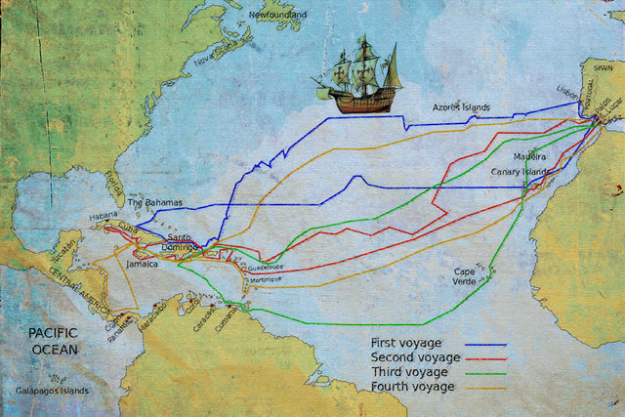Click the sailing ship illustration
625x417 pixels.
tap(361, 75)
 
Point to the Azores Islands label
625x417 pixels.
tap(462, 107)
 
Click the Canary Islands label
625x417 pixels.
tap(520, 172)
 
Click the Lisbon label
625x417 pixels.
tap(565, 86)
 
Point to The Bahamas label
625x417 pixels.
tap(155, 202)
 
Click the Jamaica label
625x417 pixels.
tap(143, 264)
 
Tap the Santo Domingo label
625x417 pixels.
tap(186, 243)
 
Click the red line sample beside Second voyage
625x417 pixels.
tap(485, 359)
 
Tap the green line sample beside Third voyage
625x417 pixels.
tap(485, 374)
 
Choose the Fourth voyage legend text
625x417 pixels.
tap(409, 388)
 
